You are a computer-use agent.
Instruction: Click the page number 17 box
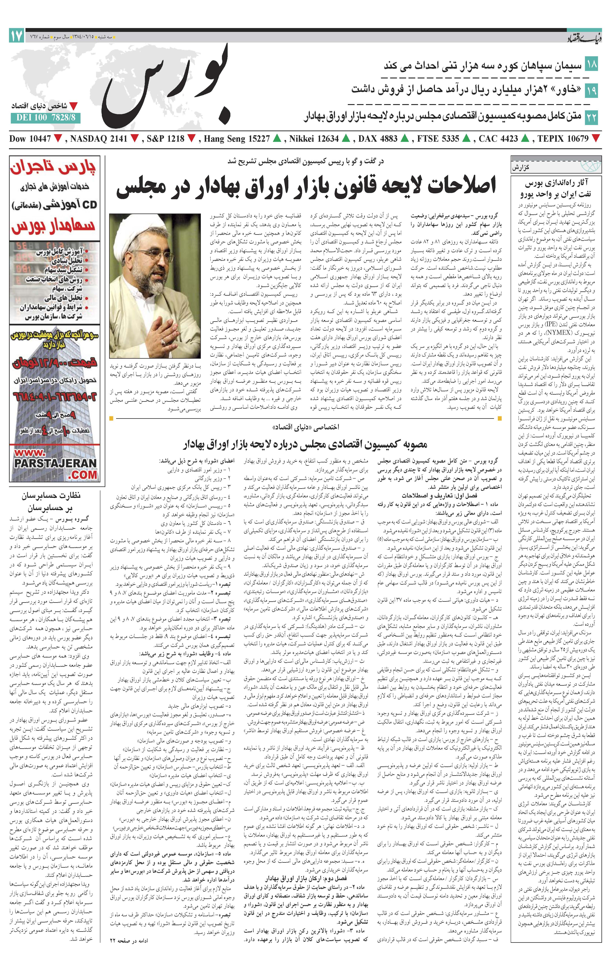(17, 36)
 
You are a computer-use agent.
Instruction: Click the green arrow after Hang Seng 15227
(277, 139)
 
